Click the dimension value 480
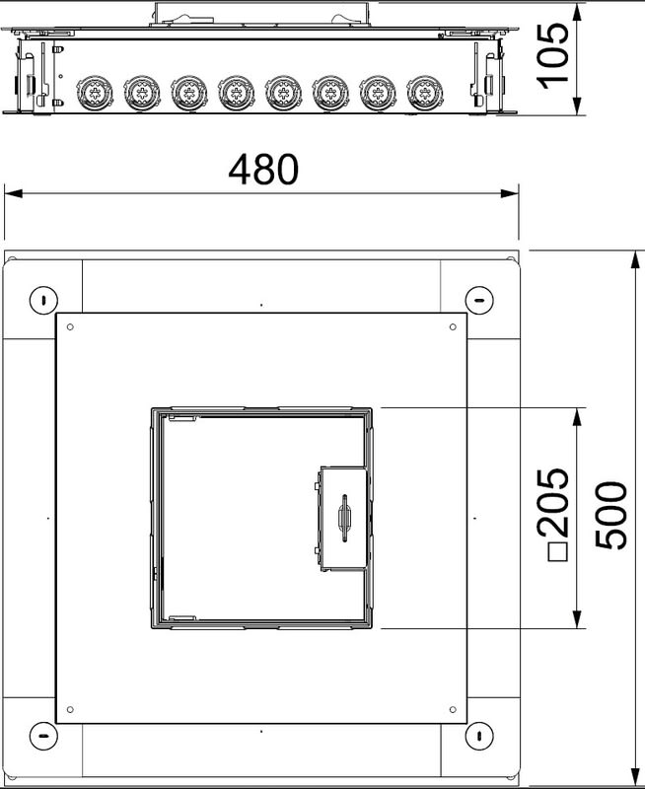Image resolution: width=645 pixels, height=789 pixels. point(263,169)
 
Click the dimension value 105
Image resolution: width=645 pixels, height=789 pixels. point(553,56)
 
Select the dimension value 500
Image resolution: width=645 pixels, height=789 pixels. point(611,515)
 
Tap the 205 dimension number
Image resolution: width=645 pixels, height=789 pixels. point(553,502)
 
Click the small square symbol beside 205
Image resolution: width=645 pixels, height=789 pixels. point(557,552)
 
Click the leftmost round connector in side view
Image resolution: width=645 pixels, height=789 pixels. point(95,93)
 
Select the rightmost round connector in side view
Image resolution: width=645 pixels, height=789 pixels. point(425,93)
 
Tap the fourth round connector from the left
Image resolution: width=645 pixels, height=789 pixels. point(237,93)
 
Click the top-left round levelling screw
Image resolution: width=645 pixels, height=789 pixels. point(43,301)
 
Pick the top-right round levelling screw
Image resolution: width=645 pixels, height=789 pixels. point(479,301)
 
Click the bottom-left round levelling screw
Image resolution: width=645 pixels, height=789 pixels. point(43,736)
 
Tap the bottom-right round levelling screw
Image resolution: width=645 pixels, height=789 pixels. point(479,736)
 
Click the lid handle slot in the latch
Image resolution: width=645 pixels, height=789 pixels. point(344,519)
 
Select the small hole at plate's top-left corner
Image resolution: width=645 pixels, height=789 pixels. point(70,327)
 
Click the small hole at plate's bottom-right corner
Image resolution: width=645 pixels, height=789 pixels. point(453,709)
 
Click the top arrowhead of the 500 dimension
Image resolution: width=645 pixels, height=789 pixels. point(635,262)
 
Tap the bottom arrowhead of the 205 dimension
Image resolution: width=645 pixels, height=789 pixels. point(577,619)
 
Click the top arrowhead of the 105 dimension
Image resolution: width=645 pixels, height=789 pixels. point(577,14)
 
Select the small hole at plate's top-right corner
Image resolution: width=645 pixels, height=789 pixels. point(453,327)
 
